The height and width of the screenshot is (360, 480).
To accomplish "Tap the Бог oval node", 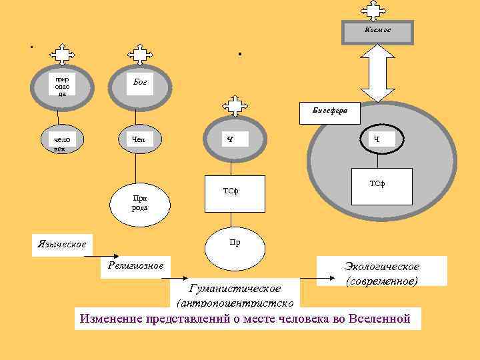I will (x=141, y=83).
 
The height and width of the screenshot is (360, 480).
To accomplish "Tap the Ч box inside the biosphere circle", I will (x=377, y=139).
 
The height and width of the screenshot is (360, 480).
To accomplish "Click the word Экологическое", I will (x=381, y=267).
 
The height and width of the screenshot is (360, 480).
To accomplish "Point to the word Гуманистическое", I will (x=235, y=289).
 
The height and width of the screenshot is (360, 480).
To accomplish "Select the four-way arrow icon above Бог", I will (x=139, y=54).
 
